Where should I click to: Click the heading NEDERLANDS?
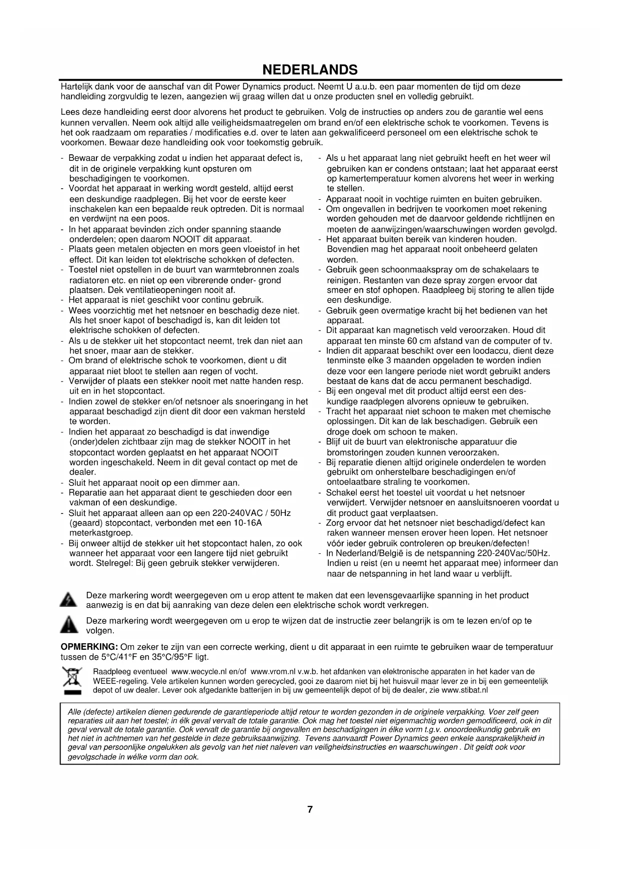[310, 69]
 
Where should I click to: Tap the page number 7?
[310, 810]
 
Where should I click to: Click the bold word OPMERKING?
[89, 647]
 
